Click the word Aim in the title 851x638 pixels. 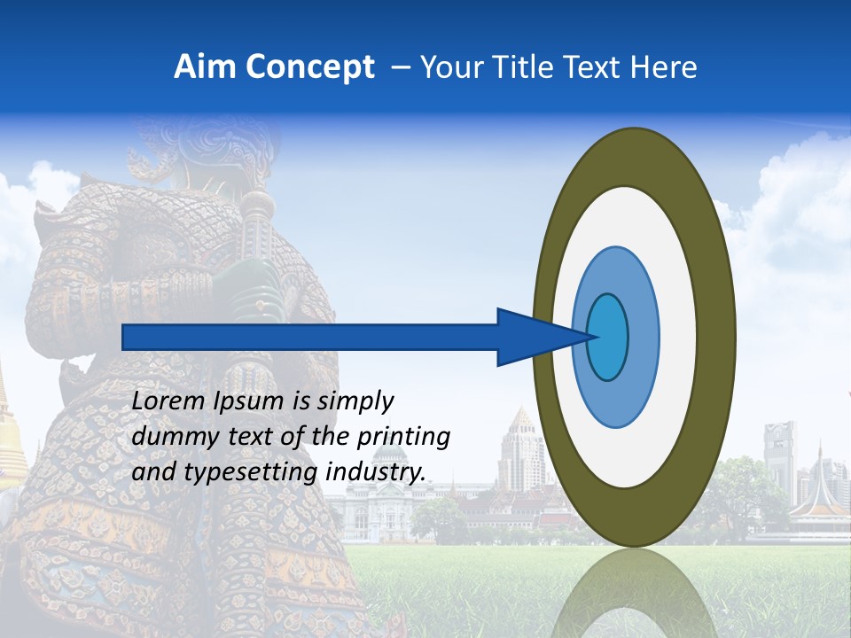pos(206,67)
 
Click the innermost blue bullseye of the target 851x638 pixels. pos(608,338)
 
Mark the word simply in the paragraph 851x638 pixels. pos(355,401)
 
